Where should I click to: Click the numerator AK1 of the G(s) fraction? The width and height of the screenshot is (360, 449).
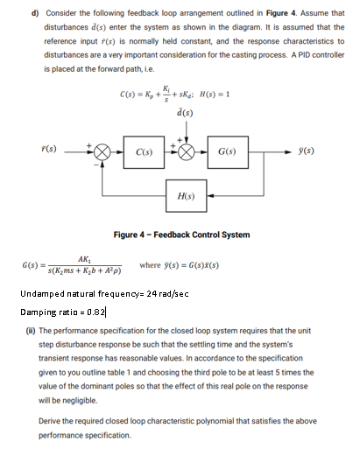click(x=82, y=258)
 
